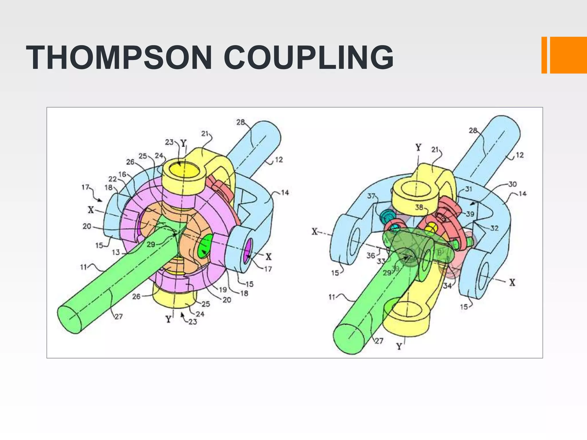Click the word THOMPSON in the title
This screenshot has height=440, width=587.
119,58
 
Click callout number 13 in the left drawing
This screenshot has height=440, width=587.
116,252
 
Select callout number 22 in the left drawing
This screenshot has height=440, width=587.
113,179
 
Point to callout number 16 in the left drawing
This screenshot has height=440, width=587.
122,174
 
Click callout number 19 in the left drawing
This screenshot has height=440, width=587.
223,290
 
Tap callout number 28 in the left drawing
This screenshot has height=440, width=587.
240,122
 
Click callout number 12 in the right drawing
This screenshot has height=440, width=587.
520,155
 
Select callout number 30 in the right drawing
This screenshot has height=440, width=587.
512,184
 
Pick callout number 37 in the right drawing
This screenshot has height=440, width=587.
371,196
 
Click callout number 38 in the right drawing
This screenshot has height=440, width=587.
419,207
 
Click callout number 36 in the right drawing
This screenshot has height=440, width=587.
371,255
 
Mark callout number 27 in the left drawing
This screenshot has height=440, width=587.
119,317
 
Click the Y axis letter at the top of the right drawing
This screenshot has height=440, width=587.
418,148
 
